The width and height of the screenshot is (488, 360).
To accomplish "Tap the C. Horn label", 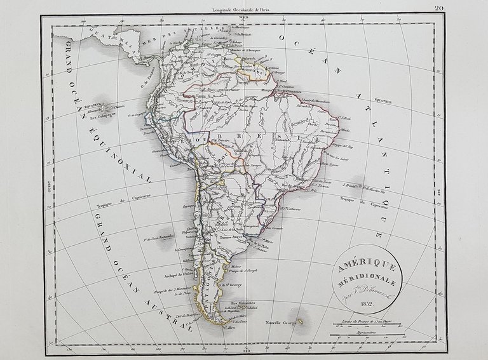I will [x=213, y=328].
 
